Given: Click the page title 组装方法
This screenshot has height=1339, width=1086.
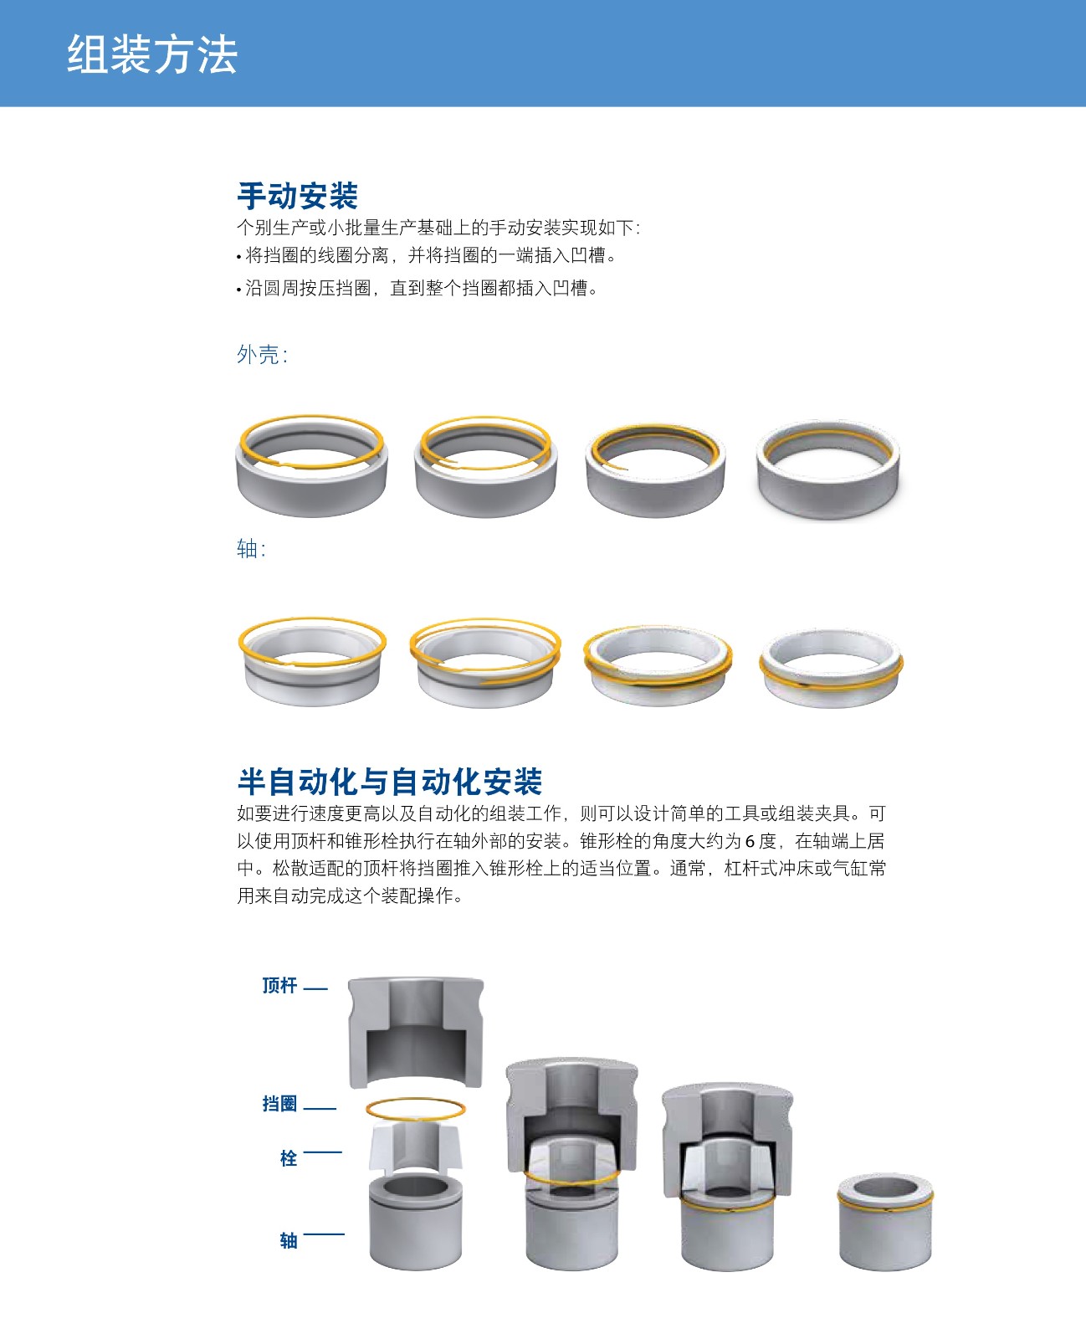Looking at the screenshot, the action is (152, 54).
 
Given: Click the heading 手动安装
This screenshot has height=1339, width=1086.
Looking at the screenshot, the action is (297, 196).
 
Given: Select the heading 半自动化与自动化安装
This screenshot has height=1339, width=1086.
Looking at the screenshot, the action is (390, 782).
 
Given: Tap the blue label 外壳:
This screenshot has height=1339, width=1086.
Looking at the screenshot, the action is (262, 355).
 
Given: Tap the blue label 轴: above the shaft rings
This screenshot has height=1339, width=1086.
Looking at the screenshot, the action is (251, 549).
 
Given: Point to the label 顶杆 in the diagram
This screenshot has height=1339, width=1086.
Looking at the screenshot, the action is (279, 985).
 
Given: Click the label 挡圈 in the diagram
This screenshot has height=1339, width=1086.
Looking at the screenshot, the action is (279, 1103).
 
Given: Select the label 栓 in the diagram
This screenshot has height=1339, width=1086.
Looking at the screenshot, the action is (289, 1158).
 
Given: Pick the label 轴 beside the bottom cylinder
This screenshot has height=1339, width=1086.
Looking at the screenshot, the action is (289, 1240).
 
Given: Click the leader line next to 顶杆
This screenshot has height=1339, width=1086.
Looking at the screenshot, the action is (315, 989).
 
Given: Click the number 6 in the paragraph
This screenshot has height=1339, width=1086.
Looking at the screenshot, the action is (750, 841).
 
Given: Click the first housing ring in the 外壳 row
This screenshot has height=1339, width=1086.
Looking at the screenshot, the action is (312, 466).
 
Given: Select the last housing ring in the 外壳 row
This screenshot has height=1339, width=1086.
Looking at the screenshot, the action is (828, 469).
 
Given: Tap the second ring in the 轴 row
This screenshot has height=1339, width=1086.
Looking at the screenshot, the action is (485, 663).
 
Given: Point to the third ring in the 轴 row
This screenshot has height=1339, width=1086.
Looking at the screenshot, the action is (658, 665).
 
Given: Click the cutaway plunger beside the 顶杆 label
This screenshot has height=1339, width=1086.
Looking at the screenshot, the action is (416, 1032).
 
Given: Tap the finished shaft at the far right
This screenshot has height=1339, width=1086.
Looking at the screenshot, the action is (885, 1221).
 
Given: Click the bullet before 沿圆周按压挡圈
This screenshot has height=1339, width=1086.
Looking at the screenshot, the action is (238, 290).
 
